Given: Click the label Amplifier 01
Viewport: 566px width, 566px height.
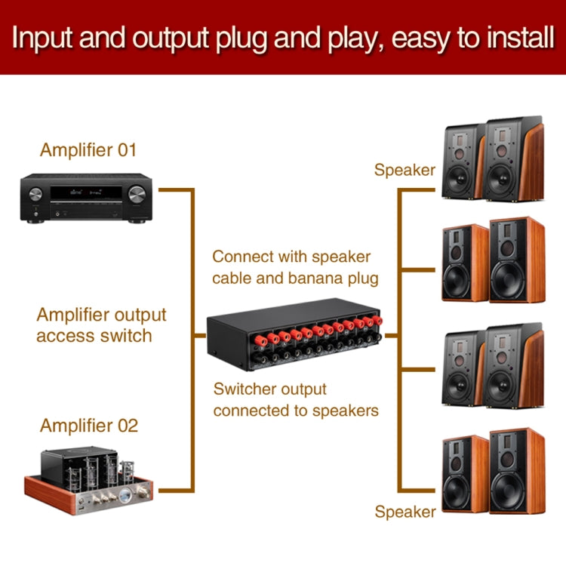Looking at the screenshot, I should [x=88, y=149].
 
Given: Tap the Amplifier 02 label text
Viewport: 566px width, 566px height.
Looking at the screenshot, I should [x=89, y=426].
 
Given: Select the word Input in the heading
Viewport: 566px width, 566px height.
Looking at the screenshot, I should [x=45, y=38].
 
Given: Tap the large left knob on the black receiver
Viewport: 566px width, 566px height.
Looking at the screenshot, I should [x=35, y=194].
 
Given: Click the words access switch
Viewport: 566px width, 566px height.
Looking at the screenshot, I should [x=94, y=335].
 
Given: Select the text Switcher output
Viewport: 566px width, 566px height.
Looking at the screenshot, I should [x=269, y=389].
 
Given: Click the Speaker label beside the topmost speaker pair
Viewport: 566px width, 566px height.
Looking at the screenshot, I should [x=405, y=170].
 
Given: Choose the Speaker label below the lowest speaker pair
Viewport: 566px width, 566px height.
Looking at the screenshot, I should [x=405, y=512].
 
